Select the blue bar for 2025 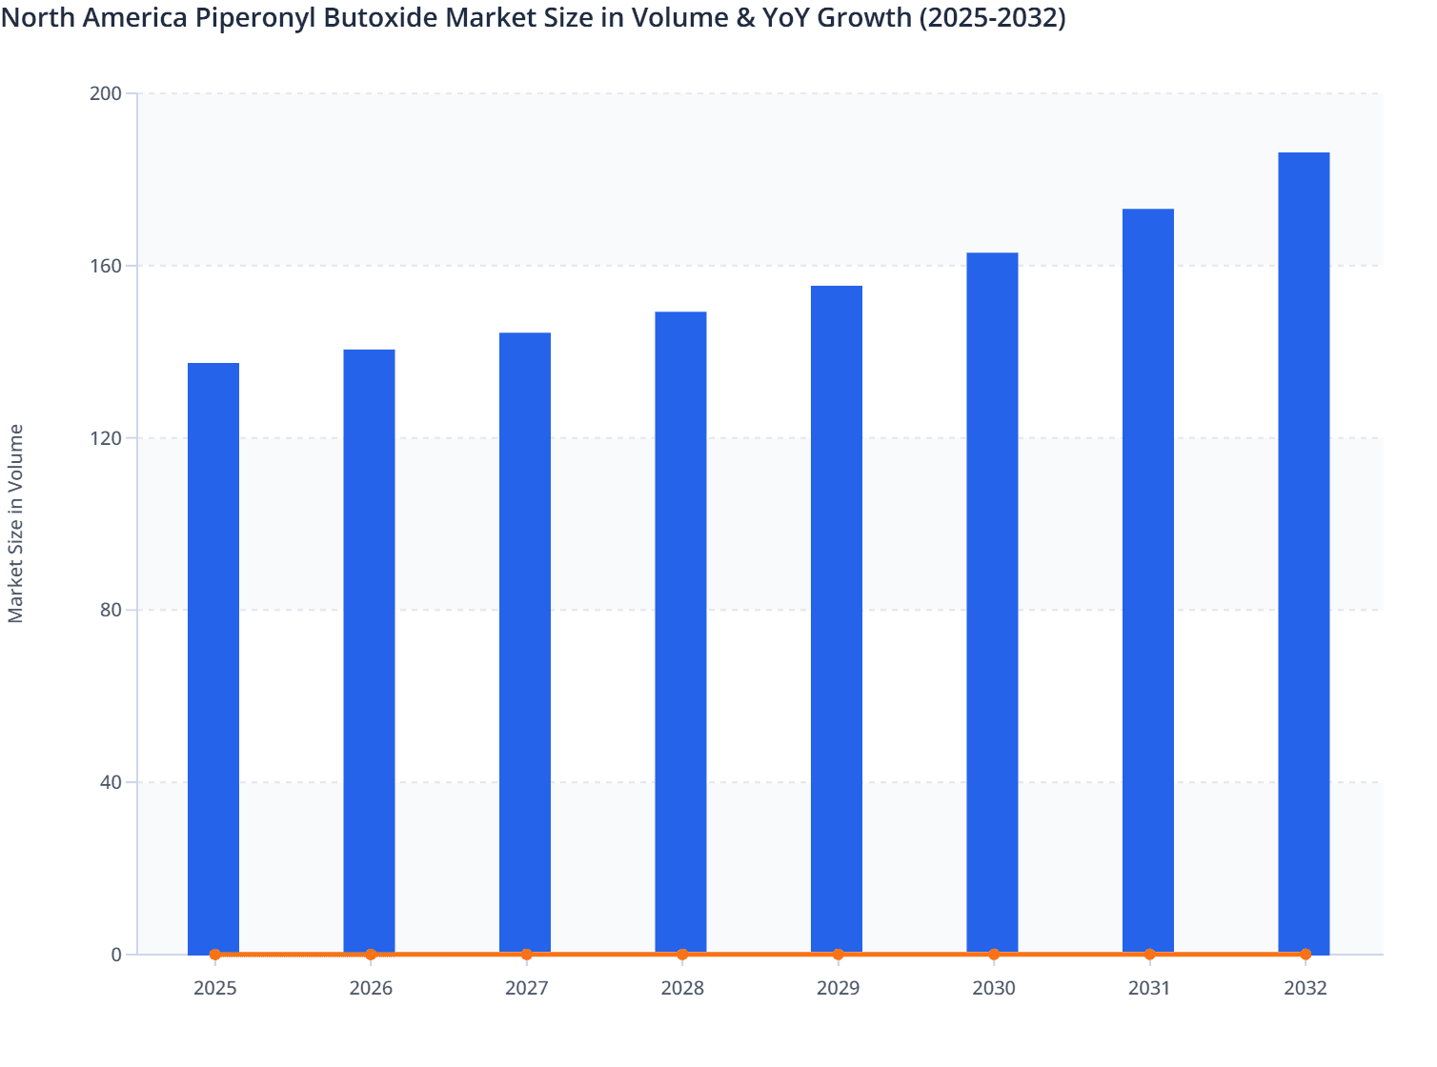[x=213, y=657]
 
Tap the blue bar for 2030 [x=992, y=602]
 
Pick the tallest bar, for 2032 [x=1304, y=553]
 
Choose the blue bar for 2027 [x=525, y=643]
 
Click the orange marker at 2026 [x=371, y=954]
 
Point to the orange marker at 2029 [x=838, y=954]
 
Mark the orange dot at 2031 [x=1149, y=954]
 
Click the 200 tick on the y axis [x=105, y=93]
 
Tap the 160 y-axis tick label [x=105, y=266]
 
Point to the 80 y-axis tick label [x=110, y=610]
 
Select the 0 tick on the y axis [x=116, y=955]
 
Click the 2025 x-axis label [x=214, y=988]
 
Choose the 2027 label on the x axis [x=526, y=988]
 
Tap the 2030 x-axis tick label [x=993, y=988]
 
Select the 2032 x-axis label [x=1305, y=988]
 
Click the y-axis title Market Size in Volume [x=16, y=524]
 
